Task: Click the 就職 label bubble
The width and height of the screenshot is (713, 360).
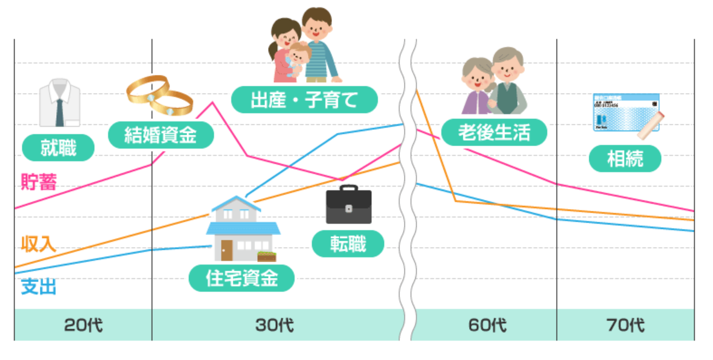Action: [58, 148]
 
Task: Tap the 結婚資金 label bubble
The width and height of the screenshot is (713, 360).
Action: [161, 135]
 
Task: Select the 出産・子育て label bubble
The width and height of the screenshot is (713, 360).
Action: [304, 100]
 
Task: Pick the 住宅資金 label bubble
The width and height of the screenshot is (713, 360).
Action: [241, 278]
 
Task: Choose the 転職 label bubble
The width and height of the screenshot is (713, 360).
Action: [348, 244]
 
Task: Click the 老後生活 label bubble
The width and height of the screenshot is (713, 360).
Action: [494, 132]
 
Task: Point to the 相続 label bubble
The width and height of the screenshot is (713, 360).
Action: [625, 158]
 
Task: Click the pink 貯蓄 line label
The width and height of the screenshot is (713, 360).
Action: [39, 182]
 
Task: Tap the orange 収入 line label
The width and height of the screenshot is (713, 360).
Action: [39, 245]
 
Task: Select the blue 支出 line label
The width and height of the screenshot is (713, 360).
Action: [39, 287]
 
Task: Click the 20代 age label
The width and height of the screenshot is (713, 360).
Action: [83, 325]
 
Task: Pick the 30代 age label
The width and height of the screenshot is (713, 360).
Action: [274, 325]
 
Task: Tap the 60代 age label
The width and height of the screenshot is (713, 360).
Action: [487, 325]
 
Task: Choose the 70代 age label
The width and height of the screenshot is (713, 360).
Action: [625, 325]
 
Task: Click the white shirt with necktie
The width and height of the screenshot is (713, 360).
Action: [60, 103]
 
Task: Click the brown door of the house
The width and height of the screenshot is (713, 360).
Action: [226, 250]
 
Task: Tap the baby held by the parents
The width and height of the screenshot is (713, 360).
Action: [298, 58]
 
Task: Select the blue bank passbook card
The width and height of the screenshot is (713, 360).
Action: [626, 112]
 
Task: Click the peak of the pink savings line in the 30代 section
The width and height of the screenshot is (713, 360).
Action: [213, 103]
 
